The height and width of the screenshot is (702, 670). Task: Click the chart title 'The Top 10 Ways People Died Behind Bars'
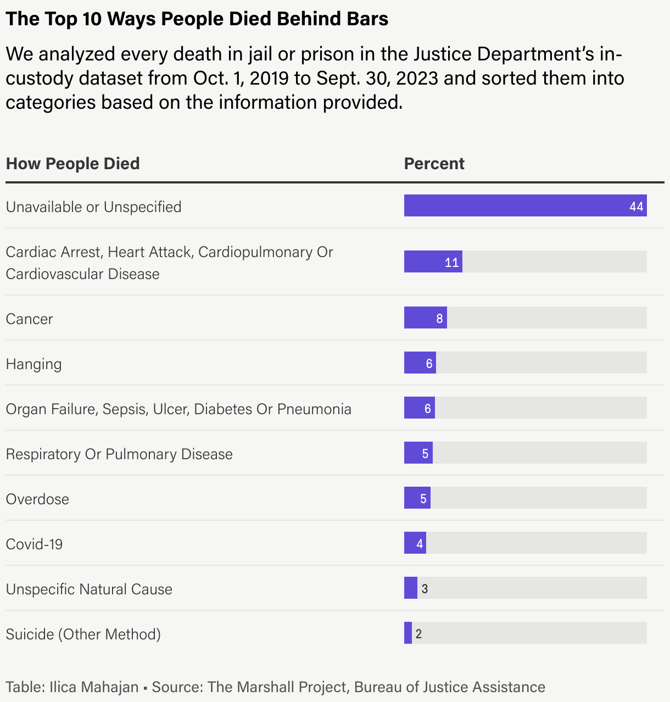pyautogui.click(x=197, y=19)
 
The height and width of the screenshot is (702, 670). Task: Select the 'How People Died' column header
pyautogui.click(x=72, y=164)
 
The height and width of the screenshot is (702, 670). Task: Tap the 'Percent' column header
pyautogui.click(x=434, y=164)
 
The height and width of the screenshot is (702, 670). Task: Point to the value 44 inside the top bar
pyautogui.click(x=636, y=207)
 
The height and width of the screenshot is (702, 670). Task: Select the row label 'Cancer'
pyautogui.click(x=29, y=319)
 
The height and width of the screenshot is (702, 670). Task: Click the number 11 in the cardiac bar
pyautogui.click(x=451, y=263)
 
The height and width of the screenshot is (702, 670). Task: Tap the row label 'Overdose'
pyautogui.click(x=37, y=499)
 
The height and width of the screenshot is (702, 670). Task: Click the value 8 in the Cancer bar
pyautogui.click(x=439, y=319)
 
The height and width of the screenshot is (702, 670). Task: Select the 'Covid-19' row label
pyautogui.click(x=34, y=544)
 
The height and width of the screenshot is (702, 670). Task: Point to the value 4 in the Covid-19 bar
pyautogui.click(x=420, y=544)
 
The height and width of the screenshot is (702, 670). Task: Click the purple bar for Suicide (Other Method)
pyautogui.click(x=408, y=633)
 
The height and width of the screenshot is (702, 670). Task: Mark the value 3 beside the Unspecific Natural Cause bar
pyautogui.click(x=425, y=589)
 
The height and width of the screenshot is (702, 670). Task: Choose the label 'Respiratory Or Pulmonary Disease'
pyautogui.click(x=119, y=454)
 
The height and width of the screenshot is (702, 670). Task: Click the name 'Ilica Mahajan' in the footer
pyautogui.click(x=94, y=687)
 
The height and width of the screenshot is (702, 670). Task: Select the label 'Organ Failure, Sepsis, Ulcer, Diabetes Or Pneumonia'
pyautogui.click(x=178, y=409)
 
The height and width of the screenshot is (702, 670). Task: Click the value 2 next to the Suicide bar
pyautogui.click(x=418, y=634)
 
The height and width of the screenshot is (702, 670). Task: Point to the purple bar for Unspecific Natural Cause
pyautogui.click(x=410, y=588)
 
